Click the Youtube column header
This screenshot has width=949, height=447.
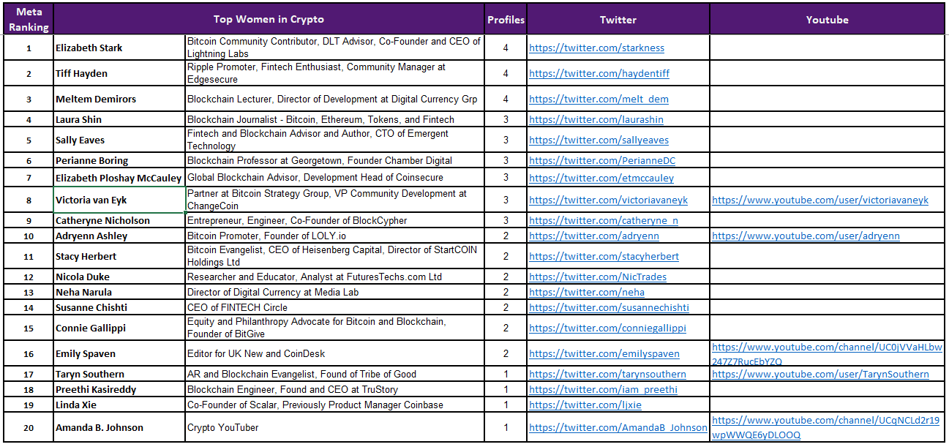pos(827,20)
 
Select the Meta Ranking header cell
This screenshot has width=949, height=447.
pos(29,20)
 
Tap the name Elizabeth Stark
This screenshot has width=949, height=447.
pos(89,48)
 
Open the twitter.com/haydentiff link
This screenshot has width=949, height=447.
pos(599,73)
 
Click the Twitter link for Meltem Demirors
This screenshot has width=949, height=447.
pos(599,99)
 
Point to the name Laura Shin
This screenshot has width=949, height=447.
pos(79,119)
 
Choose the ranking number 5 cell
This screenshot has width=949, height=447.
pos(29,140)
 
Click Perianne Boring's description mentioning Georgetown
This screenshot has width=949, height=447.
pos(320,160)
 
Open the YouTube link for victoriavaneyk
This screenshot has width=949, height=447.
pos(819,200)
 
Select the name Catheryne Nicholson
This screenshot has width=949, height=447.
pos(102,220)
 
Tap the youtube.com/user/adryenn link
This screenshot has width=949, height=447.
pos(806,236)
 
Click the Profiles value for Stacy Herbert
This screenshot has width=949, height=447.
pos(506,256)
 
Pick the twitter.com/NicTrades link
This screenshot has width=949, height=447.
pos(598,277)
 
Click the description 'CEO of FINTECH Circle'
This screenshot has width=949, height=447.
pos(237,307)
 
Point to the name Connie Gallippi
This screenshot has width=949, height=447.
pos(91,328)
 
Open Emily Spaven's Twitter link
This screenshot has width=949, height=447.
pos(604,353)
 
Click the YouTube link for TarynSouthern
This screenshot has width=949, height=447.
pos(820,374)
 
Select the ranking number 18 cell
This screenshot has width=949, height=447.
pos(29,389)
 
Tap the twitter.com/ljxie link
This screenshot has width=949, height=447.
pos(585,405)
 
